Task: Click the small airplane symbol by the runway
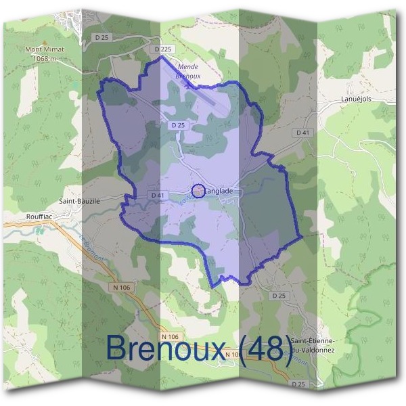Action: coord(187,85)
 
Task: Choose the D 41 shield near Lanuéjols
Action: coord(302,133)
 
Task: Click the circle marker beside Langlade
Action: coord(198,191)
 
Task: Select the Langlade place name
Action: coord(218,191)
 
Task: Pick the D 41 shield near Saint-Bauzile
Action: coord(158,196)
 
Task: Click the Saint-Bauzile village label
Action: coord(80,201)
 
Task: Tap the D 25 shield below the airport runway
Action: coord(178,125)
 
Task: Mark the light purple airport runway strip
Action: coord(217,102)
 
